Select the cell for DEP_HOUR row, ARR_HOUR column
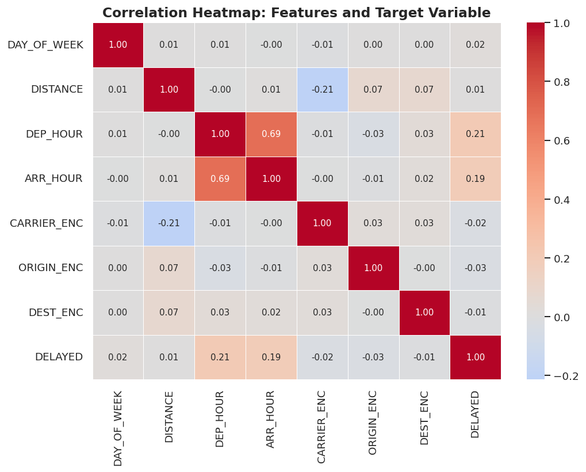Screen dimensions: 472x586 click(x=271, y=134)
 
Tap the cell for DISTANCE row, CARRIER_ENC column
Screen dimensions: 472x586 click(x=322, y=90)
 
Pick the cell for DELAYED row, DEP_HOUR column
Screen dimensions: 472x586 click(x=220, y=357)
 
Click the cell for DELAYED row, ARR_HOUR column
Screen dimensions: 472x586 click(x=271, y=357)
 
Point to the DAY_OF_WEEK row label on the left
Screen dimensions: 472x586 click(x=45, y=45)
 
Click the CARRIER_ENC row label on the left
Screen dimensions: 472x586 click(x=47, y=223)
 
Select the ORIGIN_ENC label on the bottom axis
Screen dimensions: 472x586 click(x=373, y=422)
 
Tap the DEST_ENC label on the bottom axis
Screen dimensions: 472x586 click(x=424, y=418)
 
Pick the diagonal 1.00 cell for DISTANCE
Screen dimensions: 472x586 click(x=169, y=90)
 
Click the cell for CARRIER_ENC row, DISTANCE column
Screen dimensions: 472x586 click(x=169, y=223)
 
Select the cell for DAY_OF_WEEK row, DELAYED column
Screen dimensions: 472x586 click(x=475, y=45)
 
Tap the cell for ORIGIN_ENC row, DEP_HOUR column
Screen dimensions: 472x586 click(x=220, y=268)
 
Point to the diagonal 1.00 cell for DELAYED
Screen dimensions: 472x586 click(x=475, y=357)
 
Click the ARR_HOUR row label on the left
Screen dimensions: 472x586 click(x=53, y=179)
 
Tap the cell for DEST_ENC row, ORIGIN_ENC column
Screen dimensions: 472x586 click(x=373, y=313)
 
